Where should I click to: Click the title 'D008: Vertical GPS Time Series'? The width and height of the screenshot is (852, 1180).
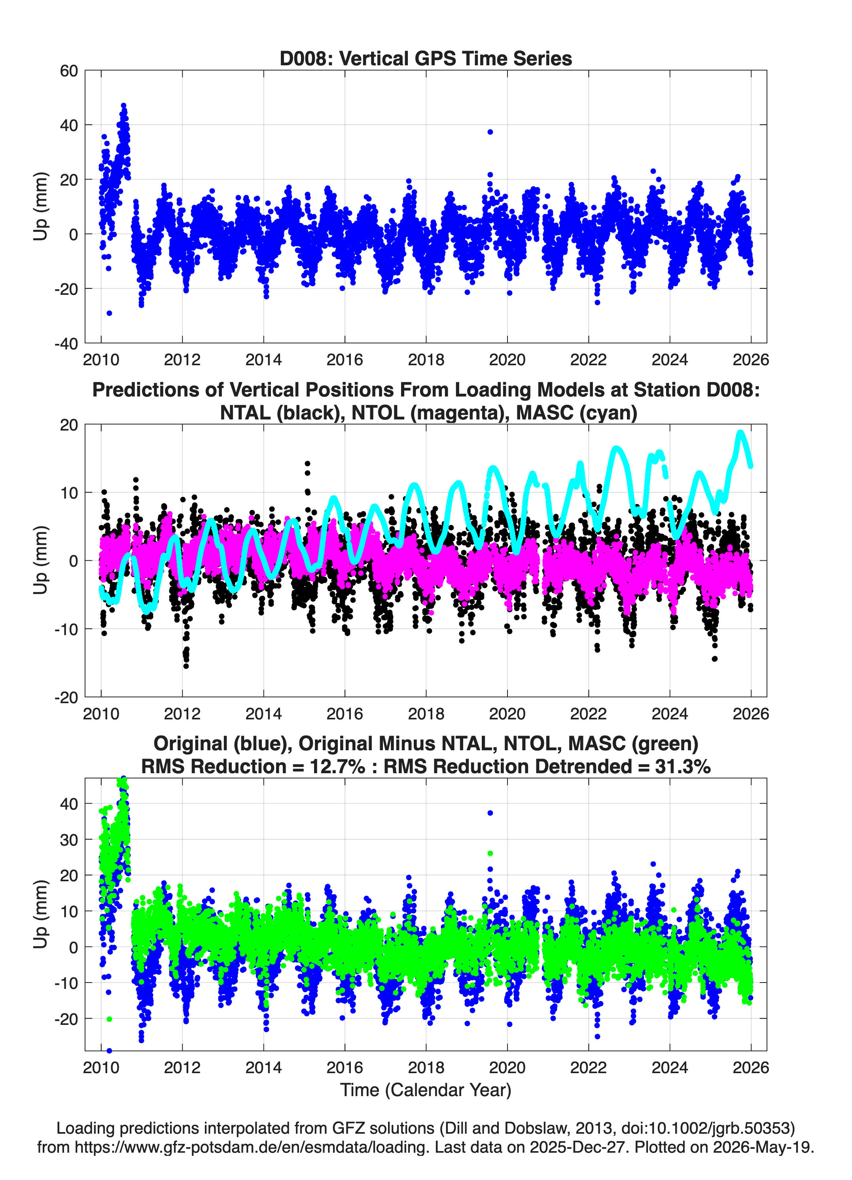pyautogui.click(x=426, y=58)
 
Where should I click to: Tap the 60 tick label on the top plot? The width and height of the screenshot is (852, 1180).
pyautogui.click(x=69, y=71)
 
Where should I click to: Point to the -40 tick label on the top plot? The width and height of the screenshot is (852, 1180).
pyautogui.click(x=66, y=343)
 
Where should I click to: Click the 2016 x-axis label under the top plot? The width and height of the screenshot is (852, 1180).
pyautogui.click(x=345, y=360)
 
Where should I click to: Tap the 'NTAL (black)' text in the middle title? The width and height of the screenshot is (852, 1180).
pyautogui.click(x=282, y=413)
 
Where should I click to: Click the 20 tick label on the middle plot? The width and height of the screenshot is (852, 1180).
pyautogui.click(x=69, y=425)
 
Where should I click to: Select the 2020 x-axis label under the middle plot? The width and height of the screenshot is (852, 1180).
pyautogui.click(x=507, y=713)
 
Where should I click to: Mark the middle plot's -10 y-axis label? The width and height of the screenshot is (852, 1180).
pyautogui.click(x=66, y=629)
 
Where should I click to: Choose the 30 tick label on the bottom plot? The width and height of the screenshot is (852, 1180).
pyautogui.click(x=69, y=840)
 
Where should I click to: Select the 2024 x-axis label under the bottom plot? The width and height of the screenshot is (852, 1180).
pyautogui.click(x=669, y=1068)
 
